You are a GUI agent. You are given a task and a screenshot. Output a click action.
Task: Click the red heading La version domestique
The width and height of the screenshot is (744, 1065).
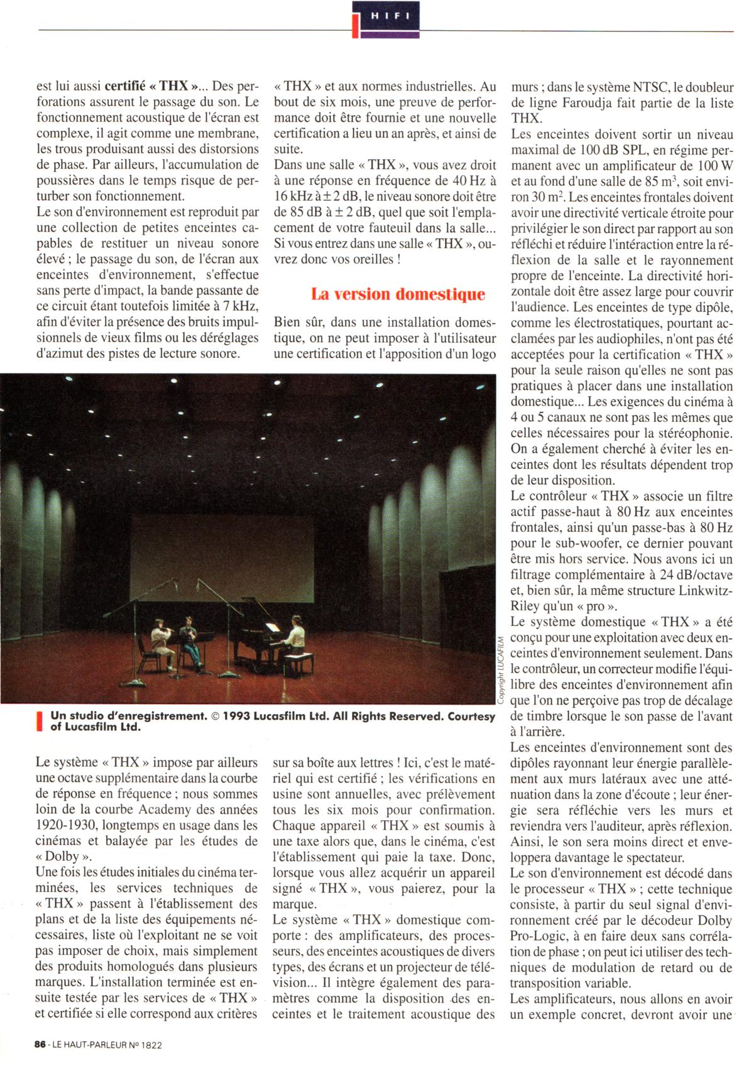click(398, 295)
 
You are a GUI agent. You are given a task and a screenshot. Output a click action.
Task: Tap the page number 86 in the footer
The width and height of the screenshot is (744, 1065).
click(40, 1045)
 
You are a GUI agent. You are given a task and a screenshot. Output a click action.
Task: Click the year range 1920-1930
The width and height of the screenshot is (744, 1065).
click(65, 825)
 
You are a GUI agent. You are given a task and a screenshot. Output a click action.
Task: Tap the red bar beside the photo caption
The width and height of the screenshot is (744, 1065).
click(40, 721)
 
